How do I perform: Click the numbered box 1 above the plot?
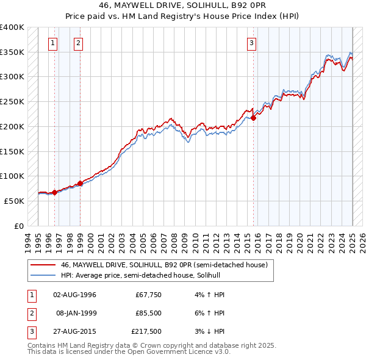coord(54,43)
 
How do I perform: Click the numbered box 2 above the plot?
coord(79,43)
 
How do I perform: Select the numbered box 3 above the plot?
coord(251,43)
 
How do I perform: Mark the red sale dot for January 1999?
coord(80,183)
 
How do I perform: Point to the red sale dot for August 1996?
coord(54,192)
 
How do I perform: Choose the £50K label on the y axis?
coord(14,201)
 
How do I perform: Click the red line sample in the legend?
coord(44,265)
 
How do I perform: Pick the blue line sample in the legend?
coord(44,275)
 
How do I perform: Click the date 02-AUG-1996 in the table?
coord(74,295)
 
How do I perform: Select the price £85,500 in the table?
coord(149,313)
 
